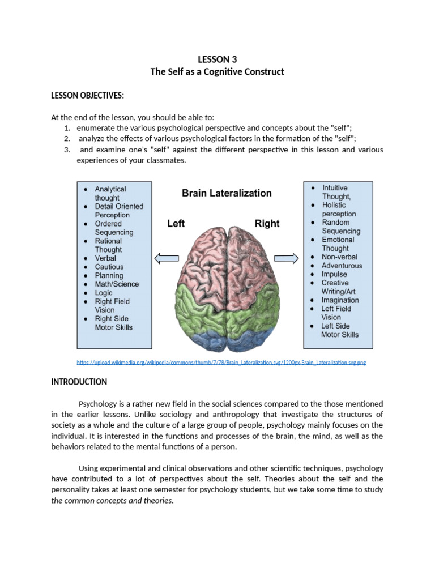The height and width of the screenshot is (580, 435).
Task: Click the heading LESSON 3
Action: pyautogui.click(x=217, y=59)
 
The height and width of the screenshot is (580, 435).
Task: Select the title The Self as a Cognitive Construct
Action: pyautogui.click(x=217, y=72)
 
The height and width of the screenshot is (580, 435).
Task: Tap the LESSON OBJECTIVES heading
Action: pyautogui.click(x=87, y=95)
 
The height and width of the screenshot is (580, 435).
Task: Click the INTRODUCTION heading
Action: pyautogui.click(x=79, y=382)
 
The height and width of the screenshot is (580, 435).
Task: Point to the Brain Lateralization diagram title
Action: pyautogui.click(x=227, y=193)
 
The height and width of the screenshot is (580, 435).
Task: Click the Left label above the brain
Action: pyautogui.click(x=176, y=224)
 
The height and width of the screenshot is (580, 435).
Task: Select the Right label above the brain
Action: pyautogui.click(x=267, y=224)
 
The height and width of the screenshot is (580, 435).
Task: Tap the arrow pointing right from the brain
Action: pyautogui.click(x=287, y=259)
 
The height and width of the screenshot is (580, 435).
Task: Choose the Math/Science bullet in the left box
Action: pyautogui.click(x=117, y=284)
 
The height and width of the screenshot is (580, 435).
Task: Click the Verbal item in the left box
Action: pyautogui.click(x=105, y=258)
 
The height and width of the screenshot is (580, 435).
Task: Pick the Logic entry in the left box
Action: pyautogui.click(x=104, y=293)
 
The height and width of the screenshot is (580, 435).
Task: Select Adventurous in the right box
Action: pyautogui.click(x=342, y=266)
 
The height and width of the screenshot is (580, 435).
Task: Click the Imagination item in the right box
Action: pyautogui.click(x=340, y=300)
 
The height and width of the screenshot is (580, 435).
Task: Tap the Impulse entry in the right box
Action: pyautogui.click(x=334, y=274)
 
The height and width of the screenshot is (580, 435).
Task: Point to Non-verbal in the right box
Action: pyautogui.click(x=339, y=257)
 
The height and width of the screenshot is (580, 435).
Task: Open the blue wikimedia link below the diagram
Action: pyautogui.click(x=221, y=362)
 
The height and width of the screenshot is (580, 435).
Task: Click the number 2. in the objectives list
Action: pyautogui.click(x=67, y=139)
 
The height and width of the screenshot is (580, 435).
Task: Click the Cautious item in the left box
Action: pyautogui.click(x=109, y=267)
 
